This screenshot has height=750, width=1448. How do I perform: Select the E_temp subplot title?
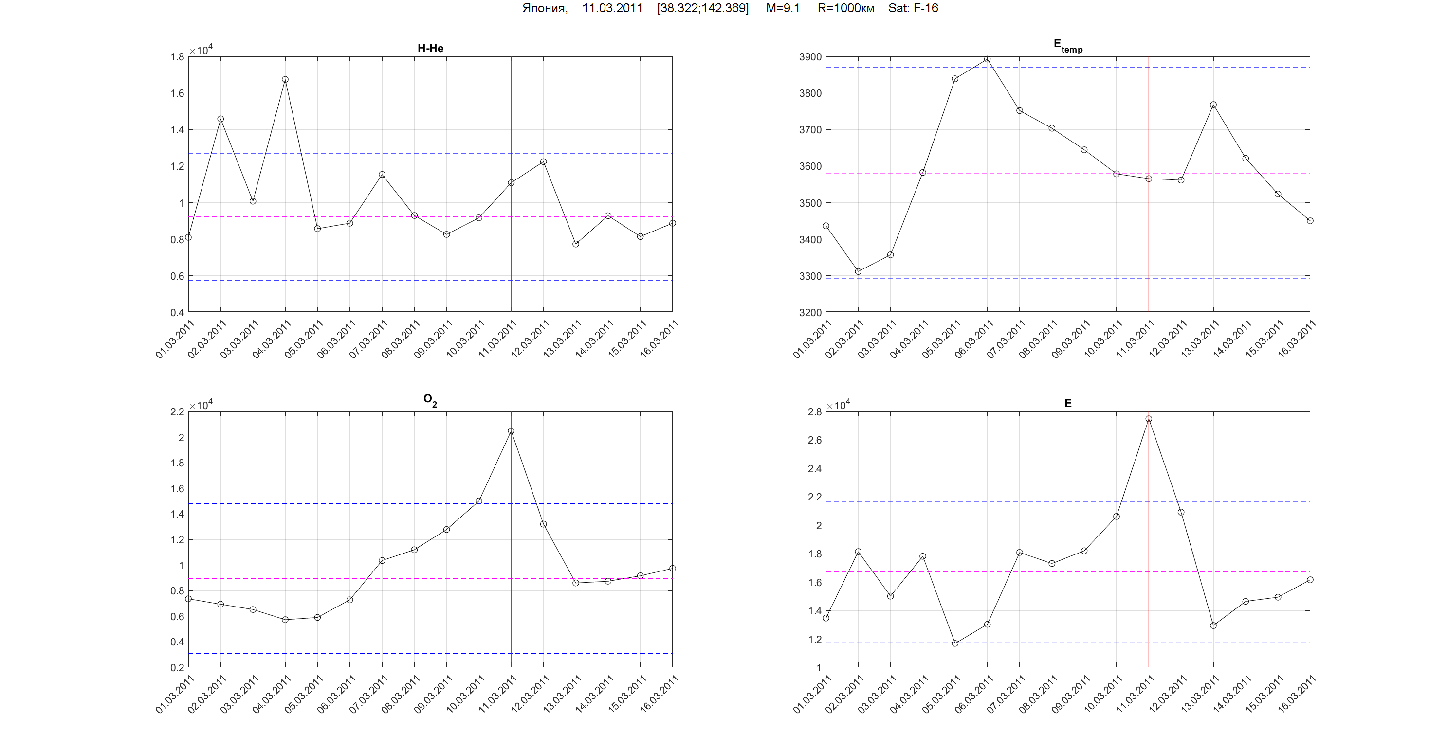1067,46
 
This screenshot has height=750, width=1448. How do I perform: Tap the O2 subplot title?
430,400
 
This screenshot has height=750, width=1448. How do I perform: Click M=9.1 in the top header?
783,8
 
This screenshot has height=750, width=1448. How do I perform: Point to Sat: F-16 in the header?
913,8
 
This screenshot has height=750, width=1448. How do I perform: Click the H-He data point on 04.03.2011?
285,80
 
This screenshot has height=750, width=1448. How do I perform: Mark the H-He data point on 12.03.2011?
543,162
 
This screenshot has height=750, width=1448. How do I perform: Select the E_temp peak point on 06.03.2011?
987,59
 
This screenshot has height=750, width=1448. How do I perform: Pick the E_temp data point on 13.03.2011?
1213,105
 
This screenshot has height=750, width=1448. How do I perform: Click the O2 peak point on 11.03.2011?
511,431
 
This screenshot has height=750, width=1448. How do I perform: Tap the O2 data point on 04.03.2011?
285,620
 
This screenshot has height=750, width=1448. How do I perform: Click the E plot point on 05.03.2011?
955,643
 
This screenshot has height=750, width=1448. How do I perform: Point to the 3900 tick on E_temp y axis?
810,57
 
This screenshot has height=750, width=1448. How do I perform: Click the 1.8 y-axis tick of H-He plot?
177,57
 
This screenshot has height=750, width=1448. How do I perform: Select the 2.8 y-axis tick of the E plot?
814,412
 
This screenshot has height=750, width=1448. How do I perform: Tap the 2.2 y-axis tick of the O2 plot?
177,412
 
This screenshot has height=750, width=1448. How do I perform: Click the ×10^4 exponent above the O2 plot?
201,405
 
